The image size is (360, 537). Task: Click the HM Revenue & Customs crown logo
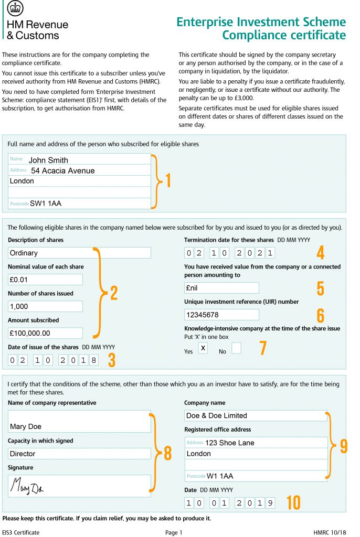click(14, 9)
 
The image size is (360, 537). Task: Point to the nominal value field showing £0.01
click(45, 280)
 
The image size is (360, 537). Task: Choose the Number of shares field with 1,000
click(45, 306)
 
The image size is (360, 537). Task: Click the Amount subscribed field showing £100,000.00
click(45, 333)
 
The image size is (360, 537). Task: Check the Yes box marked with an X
click(203, 348)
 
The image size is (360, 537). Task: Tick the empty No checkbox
click(236, 348)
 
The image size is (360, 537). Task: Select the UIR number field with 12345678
click(221, 315)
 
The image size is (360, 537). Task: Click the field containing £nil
click(221, 288)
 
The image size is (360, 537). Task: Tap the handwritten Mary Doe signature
click(29, 486)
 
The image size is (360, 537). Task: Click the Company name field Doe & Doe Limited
click(256, 416)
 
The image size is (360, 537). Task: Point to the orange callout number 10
click(293, 503)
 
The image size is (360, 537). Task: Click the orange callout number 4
click(320, 253)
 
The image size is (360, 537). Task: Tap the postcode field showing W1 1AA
click(256, 476)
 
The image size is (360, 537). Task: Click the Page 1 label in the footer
click(174, 532)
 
